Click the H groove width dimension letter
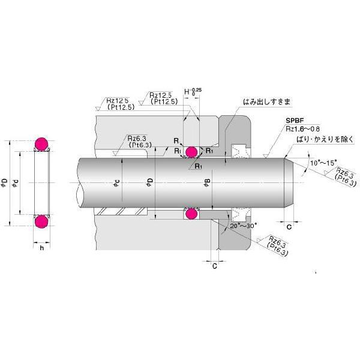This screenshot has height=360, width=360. pyautogui.click(x=187, y=93)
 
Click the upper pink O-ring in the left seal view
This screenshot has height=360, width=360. pyautogui.click(x=40, y=143)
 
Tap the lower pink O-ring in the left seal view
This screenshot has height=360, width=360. pyautogui.click(x=40, y=222)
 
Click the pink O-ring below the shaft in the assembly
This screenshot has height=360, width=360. pyautogui.click(x=192, y=214)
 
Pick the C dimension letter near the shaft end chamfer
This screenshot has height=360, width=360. pyautogui.click(x=289, y=227)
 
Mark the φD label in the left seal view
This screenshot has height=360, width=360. pyautogui.click(x=5, y=183)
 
